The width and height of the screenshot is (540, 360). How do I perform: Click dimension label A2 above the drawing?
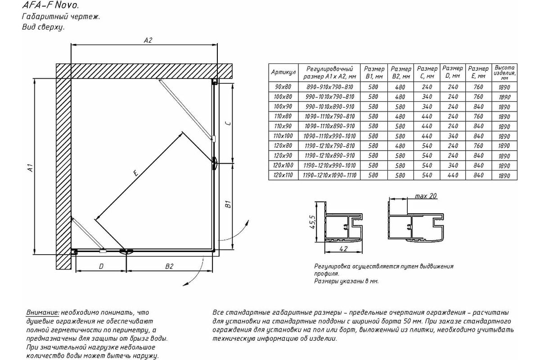click(x=148, y=40)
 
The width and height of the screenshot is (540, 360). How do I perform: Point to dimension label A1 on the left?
click(x=30, y=169)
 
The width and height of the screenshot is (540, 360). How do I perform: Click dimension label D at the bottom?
click(x=101, y=266)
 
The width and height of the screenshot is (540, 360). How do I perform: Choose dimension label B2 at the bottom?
click(x=169, y=266)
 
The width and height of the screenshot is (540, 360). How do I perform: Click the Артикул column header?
click(x=283, y=72)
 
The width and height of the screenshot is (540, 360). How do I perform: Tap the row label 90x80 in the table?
click(x=283, y=87)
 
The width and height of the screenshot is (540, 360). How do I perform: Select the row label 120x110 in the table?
click(x=283, y=175)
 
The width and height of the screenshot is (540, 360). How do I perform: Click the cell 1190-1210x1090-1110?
click(x=329, y=175)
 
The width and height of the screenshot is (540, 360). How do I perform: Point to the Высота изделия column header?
click(x=504, y=72)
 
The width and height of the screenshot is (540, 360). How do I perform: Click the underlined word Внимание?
click(x=42, y=312)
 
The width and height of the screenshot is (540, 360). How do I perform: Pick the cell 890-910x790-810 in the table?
click(x=329, y=87)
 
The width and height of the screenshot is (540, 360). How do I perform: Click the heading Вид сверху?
click(x=43, y=27)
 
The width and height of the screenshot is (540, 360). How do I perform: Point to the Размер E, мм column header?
click(x=478, y=72)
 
